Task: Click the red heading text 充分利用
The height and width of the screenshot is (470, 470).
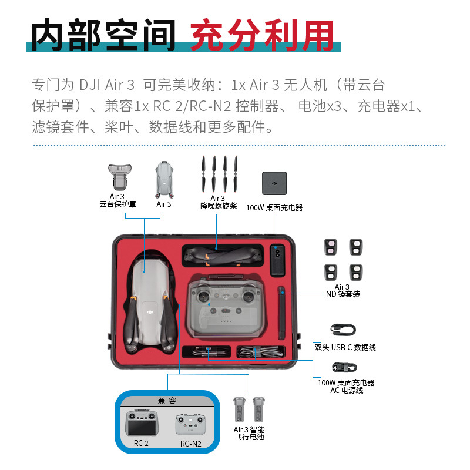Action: [x=262, y=35]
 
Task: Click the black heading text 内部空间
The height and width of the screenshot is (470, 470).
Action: [x=103, y=35]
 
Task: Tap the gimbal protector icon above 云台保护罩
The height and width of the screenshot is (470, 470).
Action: [x=120, y=177]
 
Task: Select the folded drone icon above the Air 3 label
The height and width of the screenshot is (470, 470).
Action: [x=164, y=180]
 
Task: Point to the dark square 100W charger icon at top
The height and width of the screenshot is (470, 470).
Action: [x=274, y=183]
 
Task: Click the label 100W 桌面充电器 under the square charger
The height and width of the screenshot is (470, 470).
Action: [x=274, y=207]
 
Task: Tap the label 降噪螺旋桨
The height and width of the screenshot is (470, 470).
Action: [x=219, y=206]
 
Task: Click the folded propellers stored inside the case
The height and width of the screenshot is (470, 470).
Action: [x=223, y=256]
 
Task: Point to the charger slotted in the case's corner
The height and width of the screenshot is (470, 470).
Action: [x=277, y=260]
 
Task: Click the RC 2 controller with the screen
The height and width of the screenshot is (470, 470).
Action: [x=142, y=422]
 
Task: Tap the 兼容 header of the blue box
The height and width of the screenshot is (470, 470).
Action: [x=167, y=401]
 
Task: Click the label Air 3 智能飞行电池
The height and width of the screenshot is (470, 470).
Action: [x=249, y=433]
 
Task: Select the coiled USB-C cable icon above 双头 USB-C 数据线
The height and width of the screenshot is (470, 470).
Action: [x=343, y=330]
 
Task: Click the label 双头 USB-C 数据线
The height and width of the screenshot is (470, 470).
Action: [x=345, y=347]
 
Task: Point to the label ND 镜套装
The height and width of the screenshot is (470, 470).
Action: [x=343, y=294]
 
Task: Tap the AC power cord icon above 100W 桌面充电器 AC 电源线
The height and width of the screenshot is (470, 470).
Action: [x=344, y=367]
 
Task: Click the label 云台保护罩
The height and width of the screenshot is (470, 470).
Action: [x=118, y=204]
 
